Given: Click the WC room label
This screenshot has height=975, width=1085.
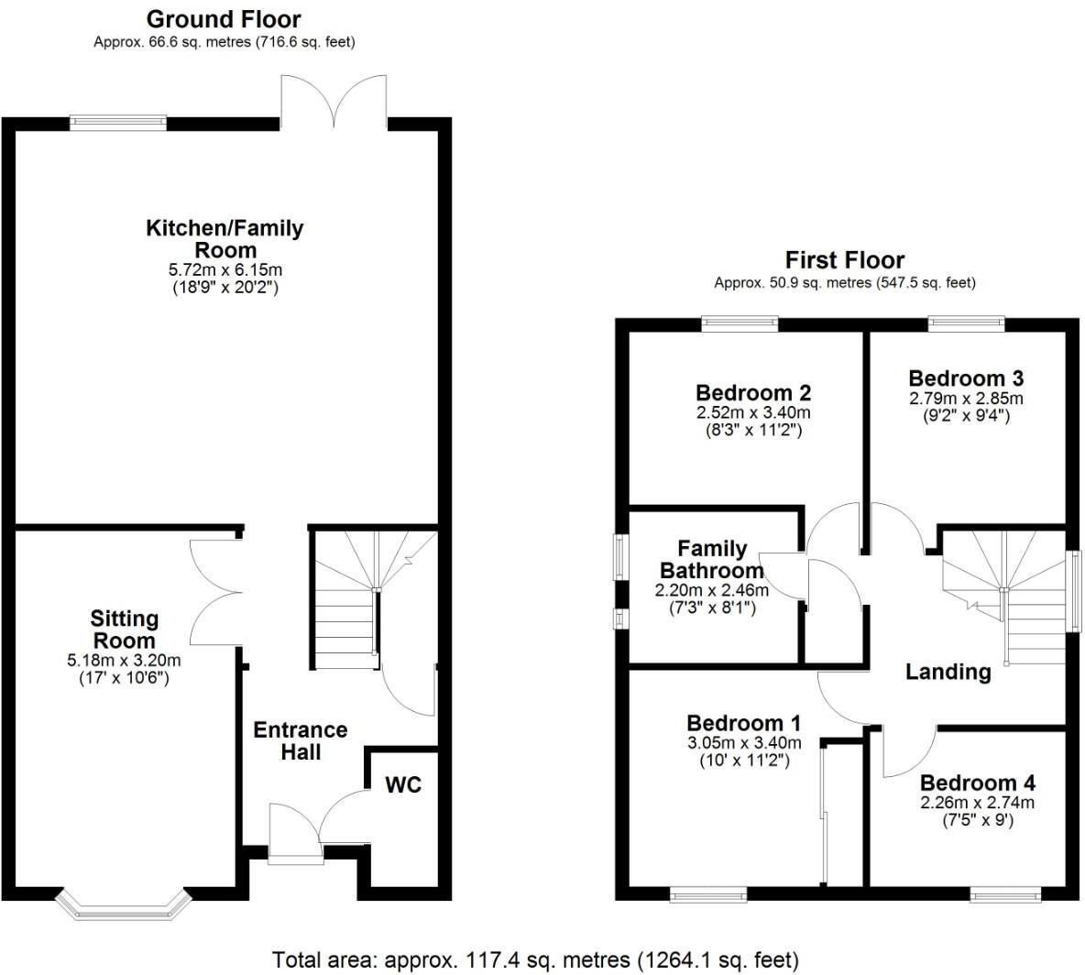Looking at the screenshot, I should point(403,785).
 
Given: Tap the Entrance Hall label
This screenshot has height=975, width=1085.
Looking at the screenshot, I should point(301,740).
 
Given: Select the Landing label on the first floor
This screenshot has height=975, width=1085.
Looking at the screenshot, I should point(948,672).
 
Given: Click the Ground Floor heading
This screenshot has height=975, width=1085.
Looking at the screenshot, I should point(224,18).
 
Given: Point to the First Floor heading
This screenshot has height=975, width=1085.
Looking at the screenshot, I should point(844,260).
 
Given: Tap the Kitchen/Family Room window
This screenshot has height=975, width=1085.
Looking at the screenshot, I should point(119,121).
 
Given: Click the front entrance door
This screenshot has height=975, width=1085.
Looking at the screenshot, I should point(295,834).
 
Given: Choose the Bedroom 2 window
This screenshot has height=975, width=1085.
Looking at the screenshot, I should point(740,323).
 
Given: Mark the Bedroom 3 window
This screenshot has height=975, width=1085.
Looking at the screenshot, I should point(966,323).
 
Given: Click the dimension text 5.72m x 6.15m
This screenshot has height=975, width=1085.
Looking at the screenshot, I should point(225,270).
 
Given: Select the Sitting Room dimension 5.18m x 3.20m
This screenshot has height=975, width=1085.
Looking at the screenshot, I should point(125,661).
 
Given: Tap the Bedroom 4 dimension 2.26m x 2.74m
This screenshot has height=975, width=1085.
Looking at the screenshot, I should point(977,803).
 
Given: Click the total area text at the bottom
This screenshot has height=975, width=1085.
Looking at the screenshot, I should point(536,959).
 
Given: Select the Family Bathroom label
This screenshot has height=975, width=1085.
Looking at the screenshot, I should point(712,559).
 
